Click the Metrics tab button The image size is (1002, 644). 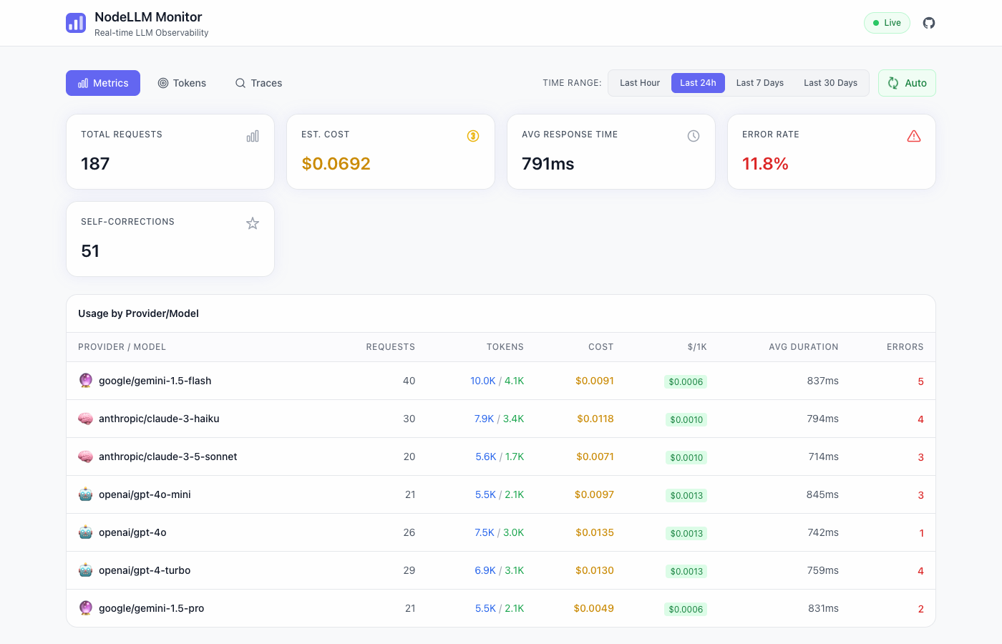coord(103,83)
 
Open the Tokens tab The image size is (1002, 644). coord(182,83)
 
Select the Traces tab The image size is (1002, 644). coord(258,83)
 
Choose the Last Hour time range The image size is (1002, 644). coord(639,83)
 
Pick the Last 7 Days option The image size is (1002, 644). coord(759,83)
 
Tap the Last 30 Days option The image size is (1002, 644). coord(830,83)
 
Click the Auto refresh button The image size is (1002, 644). coord(907,83)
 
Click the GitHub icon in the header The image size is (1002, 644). coord(928,23)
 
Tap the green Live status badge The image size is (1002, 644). coord(887,23)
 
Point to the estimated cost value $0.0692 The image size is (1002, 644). coord(336,164)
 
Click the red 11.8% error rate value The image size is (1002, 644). coord(765,164)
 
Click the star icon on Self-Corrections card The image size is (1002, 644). coord(253,223)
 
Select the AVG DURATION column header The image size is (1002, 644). coord(803,347)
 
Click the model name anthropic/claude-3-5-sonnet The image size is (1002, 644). coord(167,457)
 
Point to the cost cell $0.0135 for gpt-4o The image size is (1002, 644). coord(594,532)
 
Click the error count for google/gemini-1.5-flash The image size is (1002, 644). coord(920,381)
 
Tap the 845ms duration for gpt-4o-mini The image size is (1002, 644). coord(822,494)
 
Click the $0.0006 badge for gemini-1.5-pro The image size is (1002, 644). coord(686,610)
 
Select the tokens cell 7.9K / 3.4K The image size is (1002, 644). coord(499,419)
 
